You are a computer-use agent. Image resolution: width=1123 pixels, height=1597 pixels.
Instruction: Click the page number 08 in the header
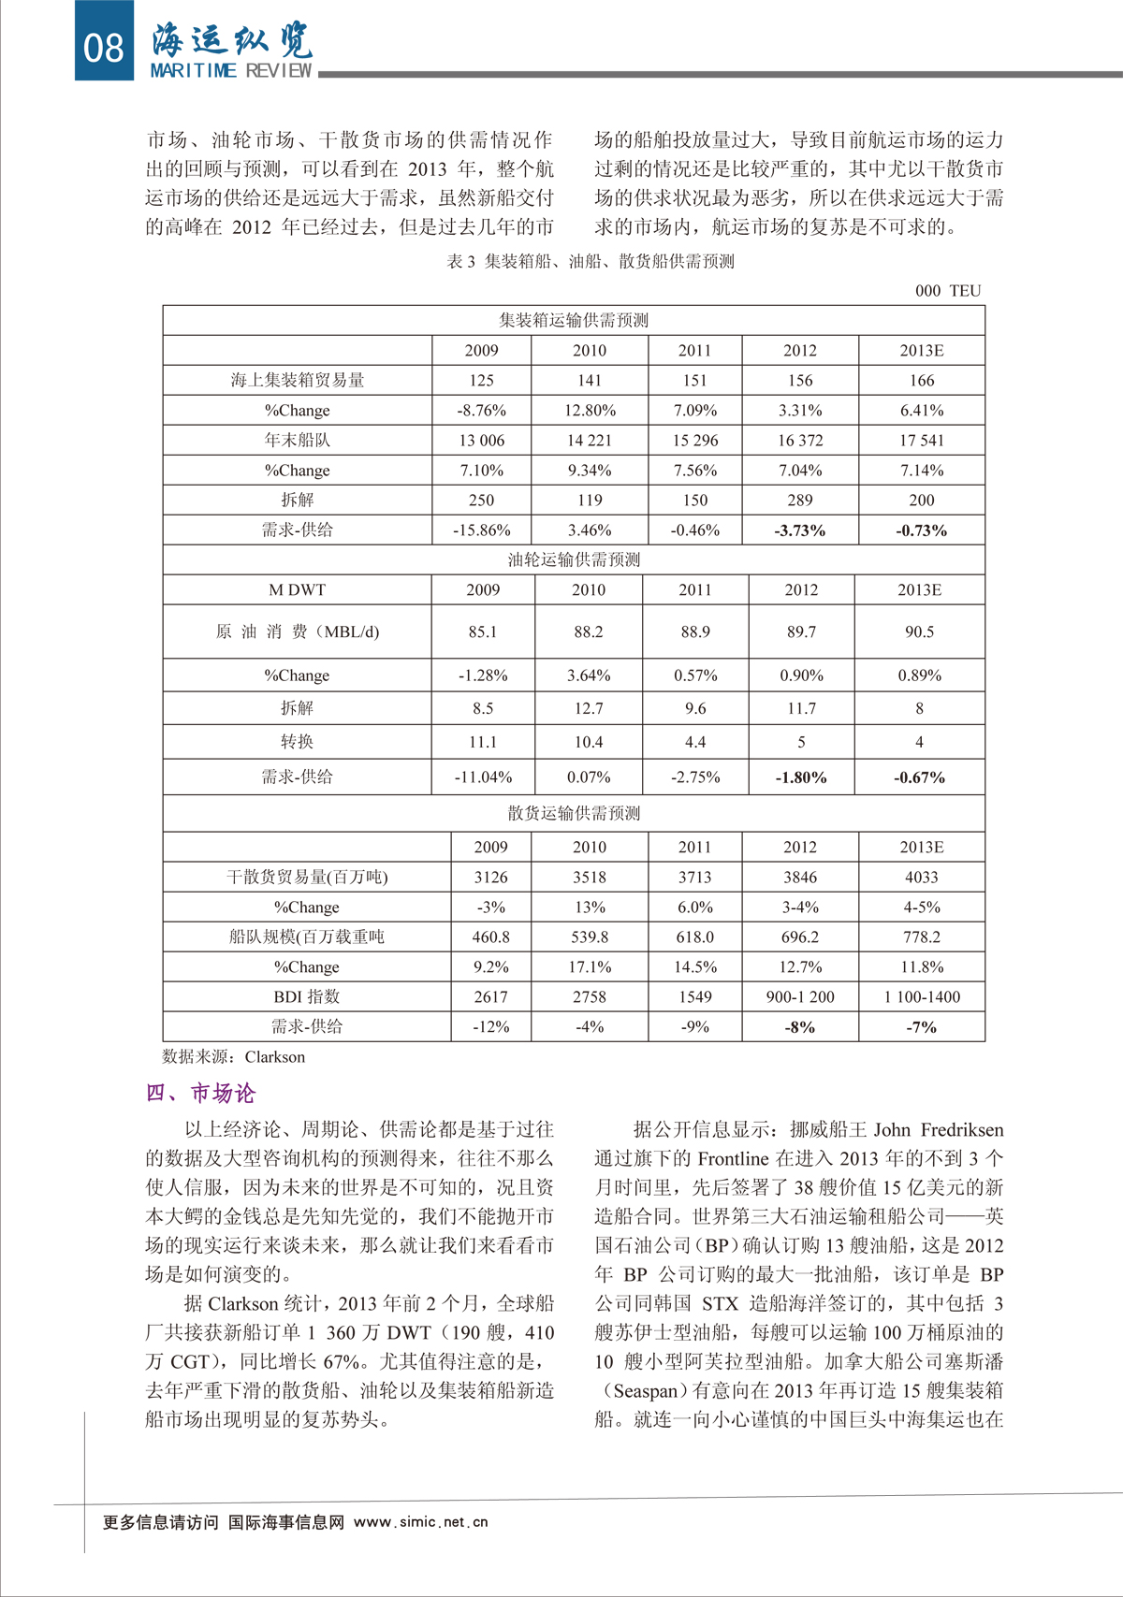click(x=104, y=46)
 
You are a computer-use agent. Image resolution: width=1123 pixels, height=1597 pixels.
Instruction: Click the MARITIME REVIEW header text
click(x=230, y=71)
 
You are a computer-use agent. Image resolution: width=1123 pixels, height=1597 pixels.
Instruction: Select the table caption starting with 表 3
click(x=590, y=262)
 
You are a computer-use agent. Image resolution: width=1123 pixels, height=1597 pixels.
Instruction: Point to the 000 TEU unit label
click(x=948, y=291)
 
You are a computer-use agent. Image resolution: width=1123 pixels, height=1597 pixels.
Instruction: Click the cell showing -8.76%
click(x=481, y=411)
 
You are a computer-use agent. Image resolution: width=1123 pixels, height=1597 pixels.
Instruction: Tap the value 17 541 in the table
click(x=921, y=441)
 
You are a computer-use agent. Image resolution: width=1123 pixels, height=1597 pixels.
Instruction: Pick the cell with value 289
click(x=799, y=501)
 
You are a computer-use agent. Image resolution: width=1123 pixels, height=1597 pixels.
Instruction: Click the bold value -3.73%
click(x=799, y=530)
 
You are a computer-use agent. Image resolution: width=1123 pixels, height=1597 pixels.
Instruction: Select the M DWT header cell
click(x=297, y=590)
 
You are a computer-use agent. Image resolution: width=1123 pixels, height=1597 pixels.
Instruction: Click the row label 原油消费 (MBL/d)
click(x=297, y=632)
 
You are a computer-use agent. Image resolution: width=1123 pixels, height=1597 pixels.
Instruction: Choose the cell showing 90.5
click(x=919, y=632)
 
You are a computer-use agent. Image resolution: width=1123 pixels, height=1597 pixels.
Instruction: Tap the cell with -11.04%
click(x=483, y=777)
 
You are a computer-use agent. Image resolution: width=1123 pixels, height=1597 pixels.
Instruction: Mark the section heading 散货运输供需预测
click(x=574, y=814)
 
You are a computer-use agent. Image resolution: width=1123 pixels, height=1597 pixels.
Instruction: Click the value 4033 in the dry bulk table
click(x=921, y=878)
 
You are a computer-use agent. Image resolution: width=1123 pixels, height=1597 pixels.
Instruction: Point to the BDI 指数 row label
click(x=306, y=997)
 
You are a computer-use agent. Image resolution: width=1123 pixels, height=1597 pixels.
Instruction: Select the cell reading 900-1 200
click(x=799, y=997)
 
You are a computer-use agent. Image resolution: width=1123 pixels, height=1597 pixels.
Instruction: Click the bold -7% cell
click(x=921, y=1027)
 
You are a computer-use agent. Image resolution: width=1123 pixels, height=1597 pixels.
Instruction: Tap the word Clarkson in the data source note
click(x=274, y=1057)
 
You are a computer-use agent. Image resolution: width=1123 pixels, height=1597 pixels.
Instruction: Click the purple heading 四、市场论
click(x=200, y=1094)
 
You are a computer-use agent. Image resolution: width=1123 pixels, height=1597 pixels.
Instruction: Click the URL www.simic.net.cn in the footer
click(x=420, y=1522)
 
